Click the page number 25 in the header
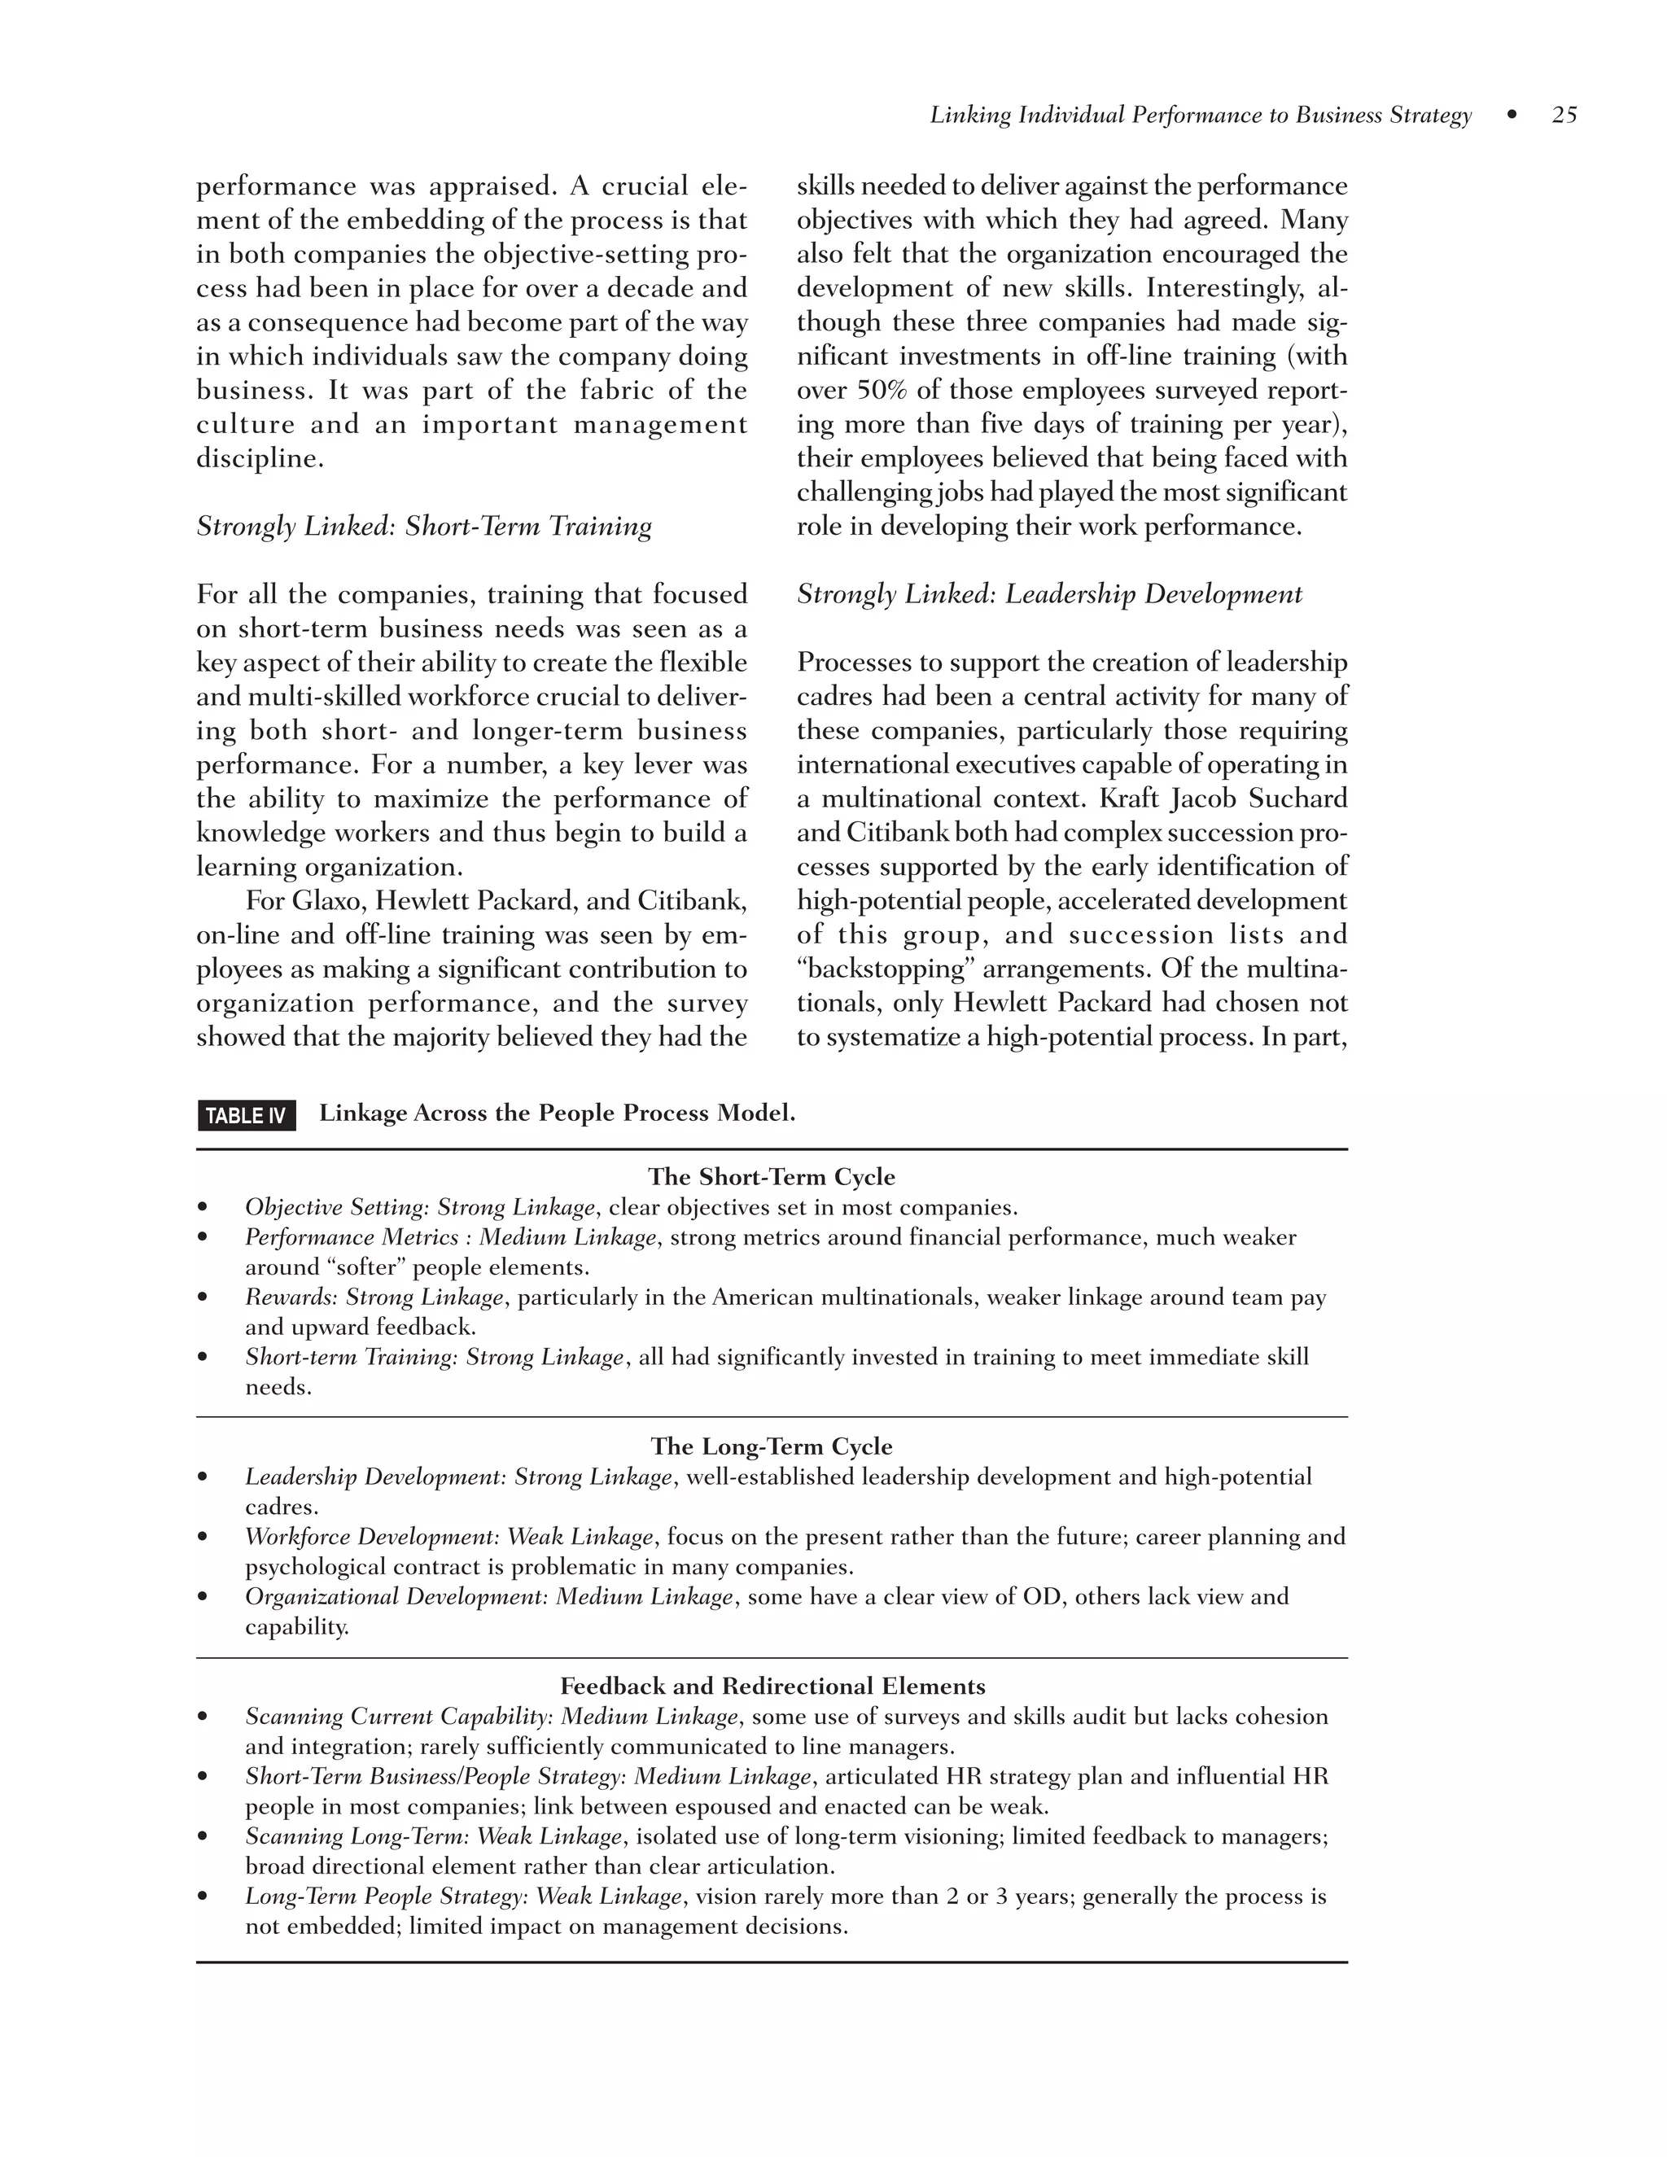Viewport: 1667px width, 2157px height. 1564,116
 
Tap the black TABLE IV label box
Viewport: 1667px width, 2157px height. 246,1116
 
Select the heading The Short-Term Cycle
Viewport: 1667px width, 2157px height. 772,1177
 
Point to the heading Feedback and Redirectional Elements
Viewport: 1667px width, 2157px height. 772,1686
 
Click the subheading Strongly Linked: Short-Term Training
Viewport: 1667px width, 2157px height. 423,527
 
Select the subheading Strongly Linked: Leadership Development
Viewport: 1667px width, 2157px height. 1048,594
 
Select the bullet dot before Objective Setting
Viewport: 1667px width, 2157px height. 203,1208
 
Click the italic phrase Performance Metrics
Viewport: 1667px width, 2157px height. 352,1237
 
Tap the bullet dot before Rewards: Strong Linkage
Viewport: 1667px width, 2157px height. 203,1297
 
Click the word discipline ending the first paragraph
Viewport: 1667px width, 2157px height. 258,459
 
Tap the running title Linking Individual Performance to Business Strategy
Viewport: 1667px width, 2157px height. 1200,116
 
